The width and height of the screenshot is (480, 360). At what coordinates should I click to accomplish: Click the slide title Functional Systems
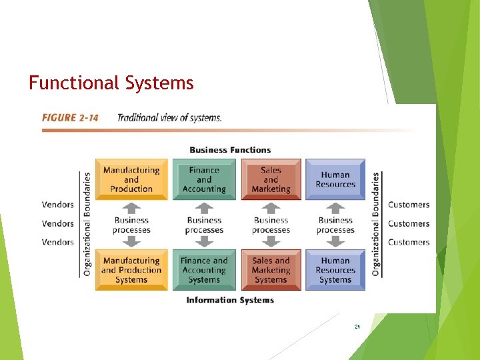[x=111, y=83]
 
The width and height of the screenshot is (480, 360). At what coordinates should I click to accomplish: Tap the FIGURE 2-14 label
[x=70, y=118]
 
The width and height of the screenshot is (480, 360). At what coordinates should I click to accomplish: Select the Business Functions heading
[x=230, y=150]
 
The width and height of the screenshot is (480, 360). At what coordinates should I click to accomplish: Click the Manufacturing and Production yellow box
[x=131, y=179]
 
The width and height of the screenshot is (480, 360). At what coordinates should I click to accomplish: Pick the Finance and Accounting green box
[x=204, y=179]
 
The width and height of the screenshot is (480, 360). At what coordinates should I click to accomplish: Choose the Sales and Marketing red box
[x=271, y=179]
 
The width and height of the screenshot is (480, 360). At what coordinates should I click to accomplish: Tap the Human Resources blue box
[x=335, y=179]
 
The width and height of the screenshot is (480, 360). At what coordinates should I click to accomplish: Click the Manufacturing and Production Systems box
[x=131, y=270]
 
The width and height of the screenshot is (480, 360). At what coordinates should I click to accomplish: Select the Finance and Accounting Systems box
[x=204, y=270]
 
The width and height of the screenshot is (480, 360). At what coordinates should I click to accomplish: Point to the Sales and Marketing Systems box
[x=271, y=270]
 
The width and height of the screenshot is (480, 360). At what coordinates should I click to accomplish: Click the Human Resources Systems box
[x=335, y=270]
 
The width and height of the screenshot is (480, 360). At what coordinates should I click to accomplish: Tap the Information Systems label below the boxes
[x=230, y=301]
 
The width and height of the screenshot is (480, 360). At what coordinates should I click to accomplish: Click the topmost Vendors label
[x=58, y=205]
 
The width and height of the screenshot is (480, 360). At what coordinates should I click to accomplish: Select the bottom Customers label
[x=409, y=242]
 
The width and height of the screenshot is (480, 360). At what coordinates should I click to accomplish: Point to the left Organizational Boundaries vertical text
[x=87, y=224]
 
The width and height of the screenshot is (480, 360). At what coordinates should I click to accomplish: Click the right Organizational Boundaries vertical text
[x=376, y=224]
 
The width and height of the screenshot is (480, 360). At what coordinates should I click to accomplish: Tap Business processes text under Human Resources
[x=335, y=225]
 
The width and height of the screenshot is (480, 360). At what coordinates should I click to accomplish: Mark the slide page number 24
[x=357, y=327]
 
